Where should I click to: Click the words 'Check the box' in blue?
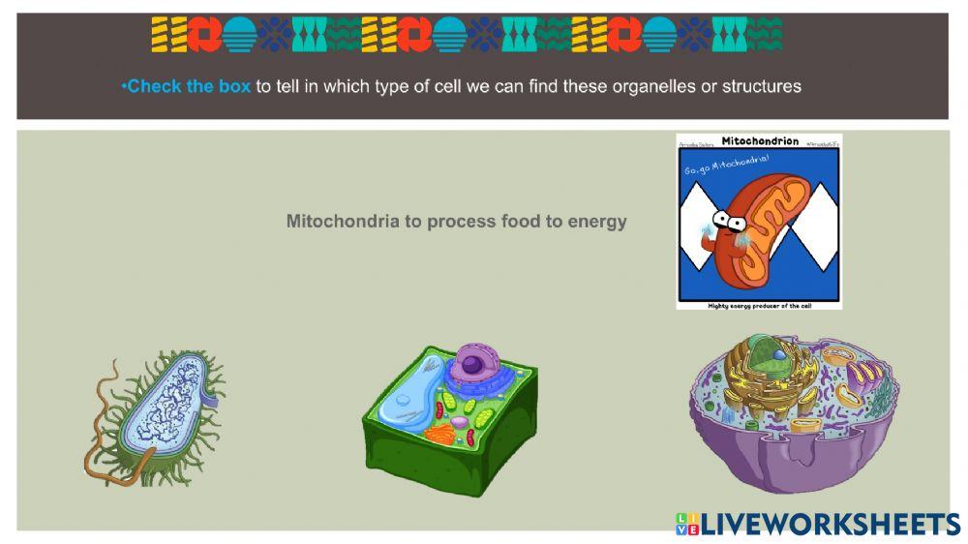pos(188,86)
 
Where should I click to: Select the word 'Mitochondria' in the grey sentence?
pos(343,222)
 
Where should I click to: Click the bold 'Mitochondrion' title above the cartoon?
pos(760,141)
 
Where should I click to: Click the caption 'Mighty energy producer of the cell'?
pos(759,304)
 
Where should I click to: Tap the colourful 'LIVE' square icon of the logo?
pos(686,524)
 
